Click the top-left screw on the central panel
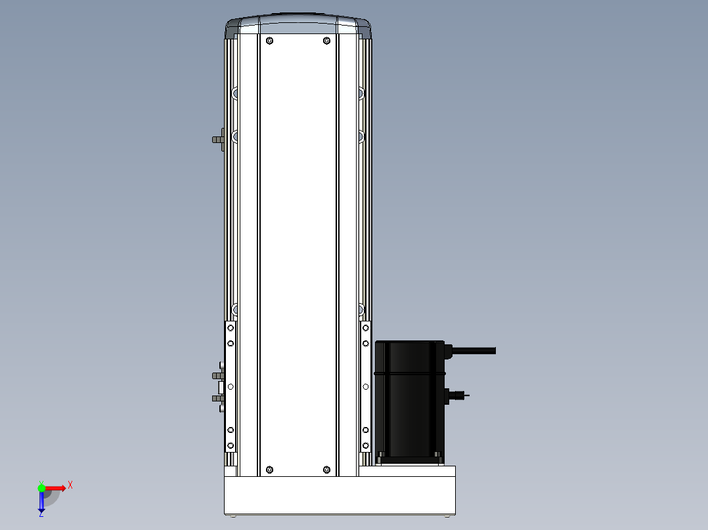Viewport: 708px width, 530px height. coord(269,41)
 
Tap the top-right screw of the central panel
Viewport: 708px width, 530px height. coord(327,41)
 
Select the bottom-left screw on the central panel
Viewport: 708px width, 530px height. coord(269,470)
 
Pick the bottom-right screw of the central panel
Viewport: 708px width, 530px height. coord(327,470)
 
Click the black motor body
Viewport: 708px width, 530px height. coord(410,402)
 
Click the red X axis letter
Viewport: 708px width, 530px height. coord(70,485)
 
